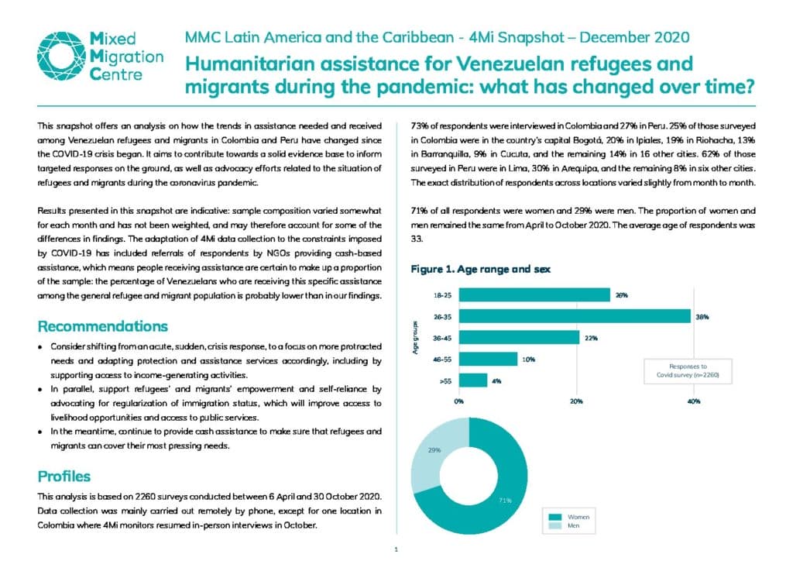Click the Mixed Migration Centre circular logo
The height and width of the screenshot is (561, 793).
pos(61,56)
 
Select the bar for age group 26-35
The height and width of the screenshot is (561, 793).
pos(575,316)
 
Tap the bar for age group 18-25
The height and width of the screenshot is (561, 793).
pos(534,295)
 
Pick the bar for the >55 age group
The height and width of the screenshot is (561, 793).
pos(473,380)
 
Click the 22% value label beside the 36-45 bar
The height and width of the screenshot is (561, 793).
pos(591,338)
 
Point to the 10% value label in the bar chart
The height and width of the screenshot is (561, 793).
pos(528,360)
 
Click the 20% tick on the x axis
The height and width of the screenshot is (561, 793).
pos(576,401)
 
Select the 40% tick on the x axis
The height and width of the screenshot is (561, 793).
pos(693,401)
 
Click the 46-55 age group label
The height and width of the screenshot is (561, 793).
pos(442,360)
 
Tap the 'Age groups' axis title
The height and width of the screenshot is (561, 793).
pos(415,337)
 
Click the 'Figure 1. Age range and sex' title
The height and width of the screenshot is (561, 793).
pos(480,269)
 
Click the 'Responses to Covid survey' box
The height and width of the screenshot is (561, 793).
pos(688,371)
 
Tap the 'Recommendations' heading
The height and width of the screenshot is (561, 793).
pos(103,326)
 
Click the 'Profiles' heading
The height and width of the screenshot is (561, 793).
pos(64,477)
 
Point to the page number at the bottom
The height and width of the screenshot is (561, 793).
pos(396,549)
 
